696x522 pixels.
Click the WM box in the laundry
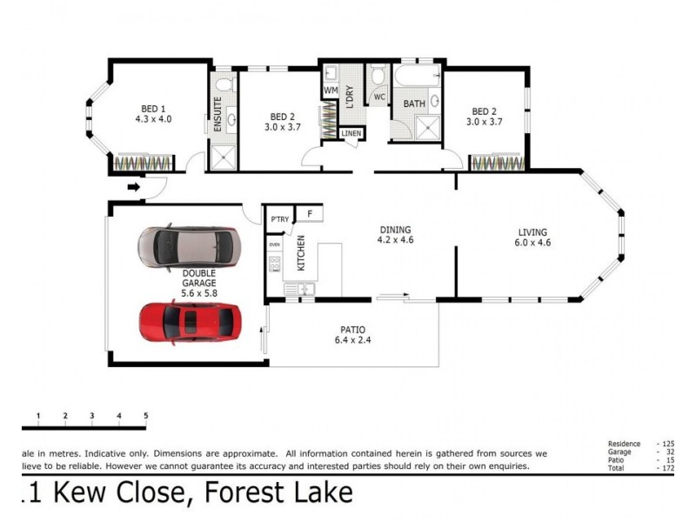(331, 90)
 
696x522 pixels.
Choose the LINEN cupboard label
(351, 133)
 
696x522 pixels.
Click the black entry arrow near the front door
(134, 185)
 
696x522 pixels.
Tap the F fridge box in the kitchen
(309, 212)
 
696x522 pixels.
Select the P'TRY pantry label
(279, 219)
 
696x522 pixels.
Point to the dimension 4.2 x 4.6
(396, 240)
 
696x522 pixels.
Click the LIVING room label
(532, 232)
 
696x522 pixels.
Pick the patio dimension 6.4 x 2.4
(352, 341)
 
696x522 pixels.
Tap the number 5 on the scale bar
(145, 416)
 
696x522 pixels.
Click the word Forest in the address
(246, 493)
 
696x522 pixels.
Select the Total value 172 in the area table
(668, 469)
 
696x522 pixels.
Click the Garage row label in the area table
(619, 452)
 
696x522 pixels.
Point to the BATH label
(413, 104)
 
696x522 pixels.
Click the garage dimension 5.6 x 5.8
(199, 294)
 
